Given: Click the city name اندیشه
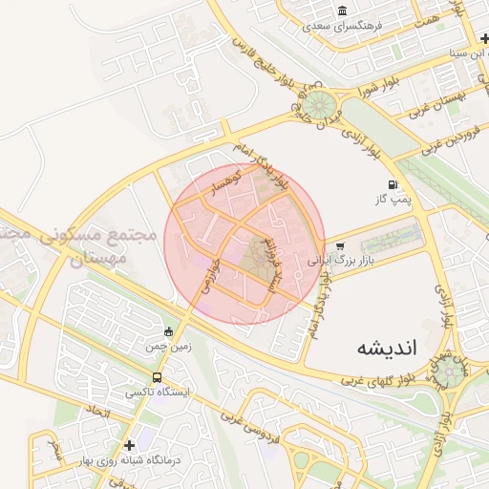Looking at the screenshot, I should point(388,348).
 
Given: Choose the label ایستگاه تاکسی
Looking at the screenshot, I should point(159,393).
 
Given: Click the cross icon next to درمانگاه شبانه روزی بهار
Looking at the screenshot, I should point(129,444).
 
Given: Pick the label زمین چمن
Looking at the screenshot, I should point(168,348).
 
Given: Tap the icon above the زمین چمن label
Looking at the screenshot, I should point(168,332).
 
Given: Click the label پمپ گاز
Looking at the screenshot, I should point(392,201).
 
